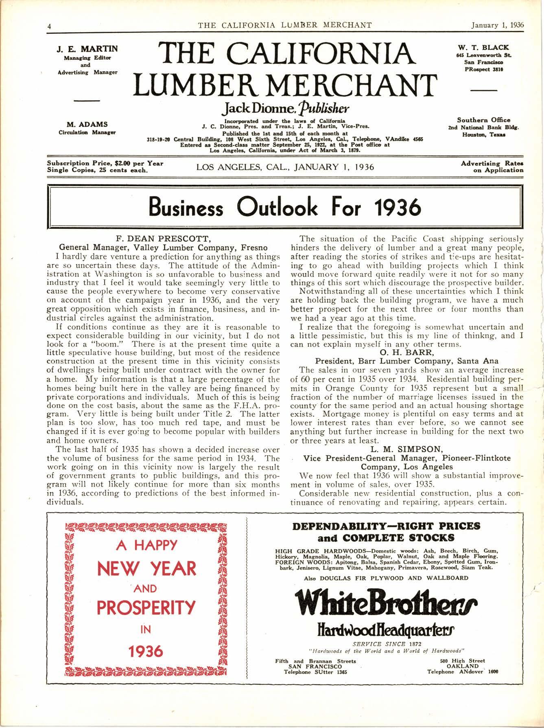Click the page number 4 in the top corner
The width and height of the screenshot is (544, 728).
click(49, 25)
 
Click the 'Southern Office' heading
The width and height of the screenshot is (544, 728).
click(483, 120)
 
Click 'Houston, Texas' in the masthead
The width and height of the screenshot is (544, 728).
click(484, 134)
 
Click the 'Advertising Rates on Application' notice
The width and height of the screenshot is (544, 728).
click(492, 167)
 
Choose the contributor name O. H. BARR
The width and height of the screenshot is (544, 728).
click(406, 352)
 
